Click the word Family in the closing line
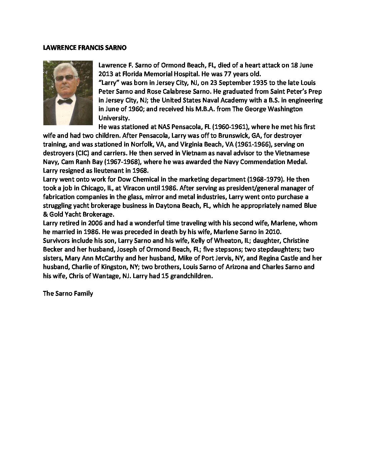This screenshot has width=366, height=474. click(x=84, y=293)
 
